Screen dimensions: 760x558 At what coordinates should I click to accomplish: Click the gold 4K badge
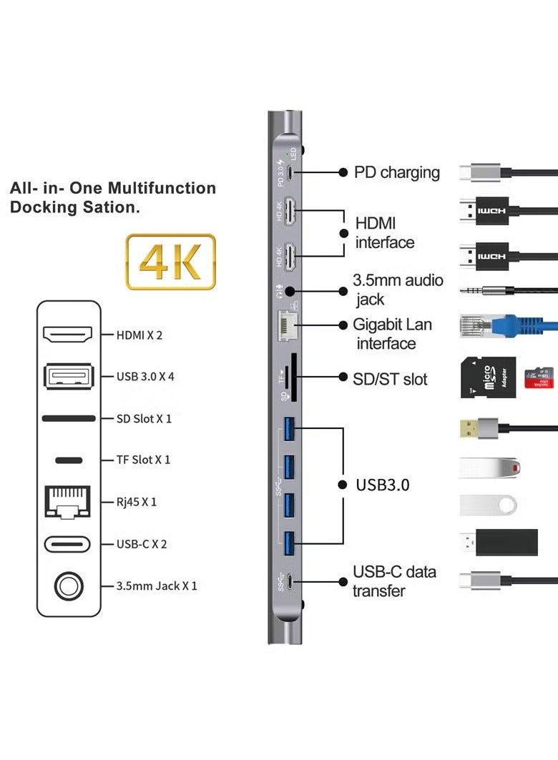170,262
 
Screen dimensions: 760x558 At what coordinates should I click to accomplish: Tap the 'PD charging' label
396,172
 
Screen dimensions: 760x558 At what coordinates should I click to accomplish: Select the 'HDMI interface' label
385,233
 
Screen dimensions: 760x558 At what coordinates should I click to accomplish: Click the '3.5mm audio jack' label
397,290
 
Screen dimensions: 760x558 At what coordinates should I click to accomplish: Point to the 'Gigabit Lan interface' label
392,334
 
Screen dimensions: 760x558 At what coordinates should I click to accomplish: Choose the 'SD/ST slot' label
390,378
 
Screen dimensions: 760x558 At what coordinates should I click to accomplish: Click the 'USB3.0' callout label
383,485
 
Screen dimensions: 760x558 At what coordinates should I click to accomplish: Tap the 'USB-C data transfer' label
393,581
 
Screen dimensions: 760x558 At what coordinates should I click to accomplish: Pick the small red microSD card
539,378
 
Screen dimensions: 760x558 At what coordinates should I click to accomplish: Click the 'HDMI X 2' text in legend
139,335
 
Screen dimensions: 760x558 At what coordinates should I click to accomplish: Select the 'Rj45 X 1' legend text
136,502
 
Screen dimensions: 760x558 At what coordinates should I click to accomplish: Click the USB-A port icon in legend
68,376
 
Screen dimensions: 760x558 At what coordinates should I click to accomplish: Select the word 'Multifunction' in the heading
162,189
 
